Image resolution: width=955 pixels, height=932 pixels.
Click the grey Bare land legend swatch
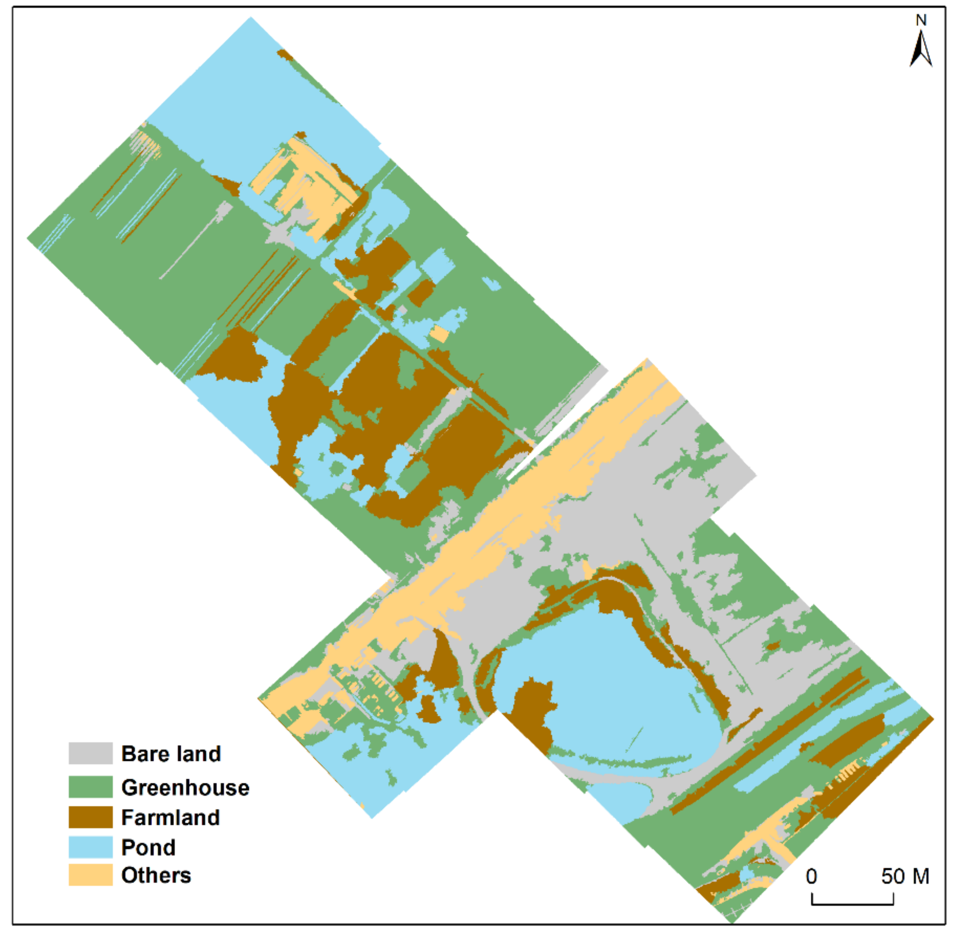click(90, 753)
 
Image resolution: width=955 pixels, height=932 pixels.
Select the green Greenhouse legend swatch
click(90, 787)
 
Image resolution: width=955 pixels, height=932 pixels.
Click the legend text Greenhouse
click(185, 787)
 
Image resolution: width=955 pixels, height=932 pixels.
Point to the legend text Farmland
click(171, 818)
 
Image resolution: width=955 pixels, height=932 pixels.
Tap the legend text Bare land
click(171, 754)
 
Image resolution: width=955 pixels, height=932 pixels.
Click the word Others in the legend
click(156, 876)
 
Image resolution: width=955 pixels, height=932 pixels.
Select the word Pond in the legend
click(148, 847)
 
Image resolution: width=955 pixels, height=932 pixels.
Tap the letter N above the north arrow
click(921, 20)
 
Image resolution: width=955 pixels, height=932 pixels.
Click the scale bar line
click(852, 904)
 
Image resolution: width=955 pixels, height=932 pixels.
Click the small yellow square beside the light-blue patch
click(439, 334)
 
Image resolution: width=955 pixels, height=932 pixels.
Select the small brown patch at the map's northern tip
click(285, 54)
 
